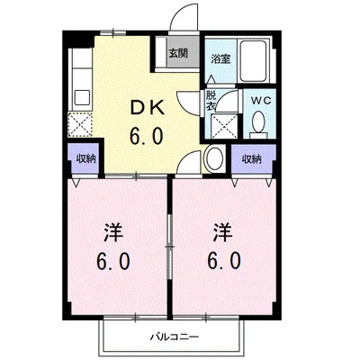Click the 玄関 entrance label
(177, 52)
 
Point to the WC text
(261, 100)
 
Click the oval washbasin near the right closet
(214, 158)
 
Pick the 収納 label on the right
(251, 158)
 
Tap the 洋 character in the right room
(221, 232)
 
